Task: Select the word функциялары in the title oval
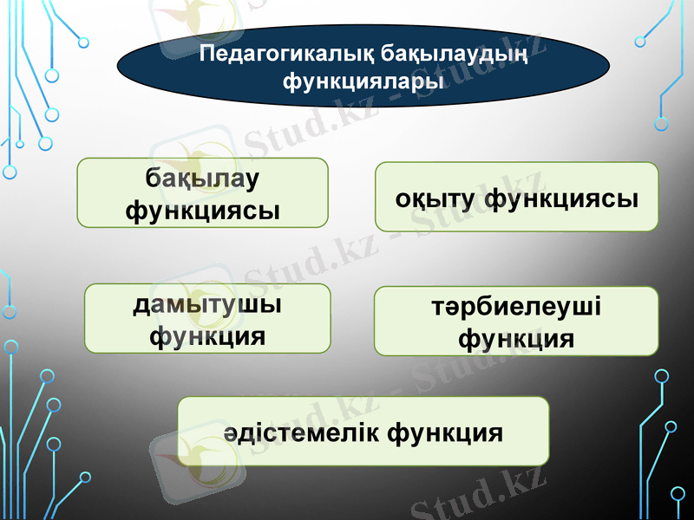click(x=363, y=81)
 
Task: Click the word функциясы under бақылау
click(x=203, y=209)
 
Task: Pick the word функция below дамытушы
click(x=207, y=334)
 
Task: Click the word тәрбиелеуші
click(x=517, y=308)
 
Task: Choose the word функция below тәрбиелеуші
click(x=516, y=337)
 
